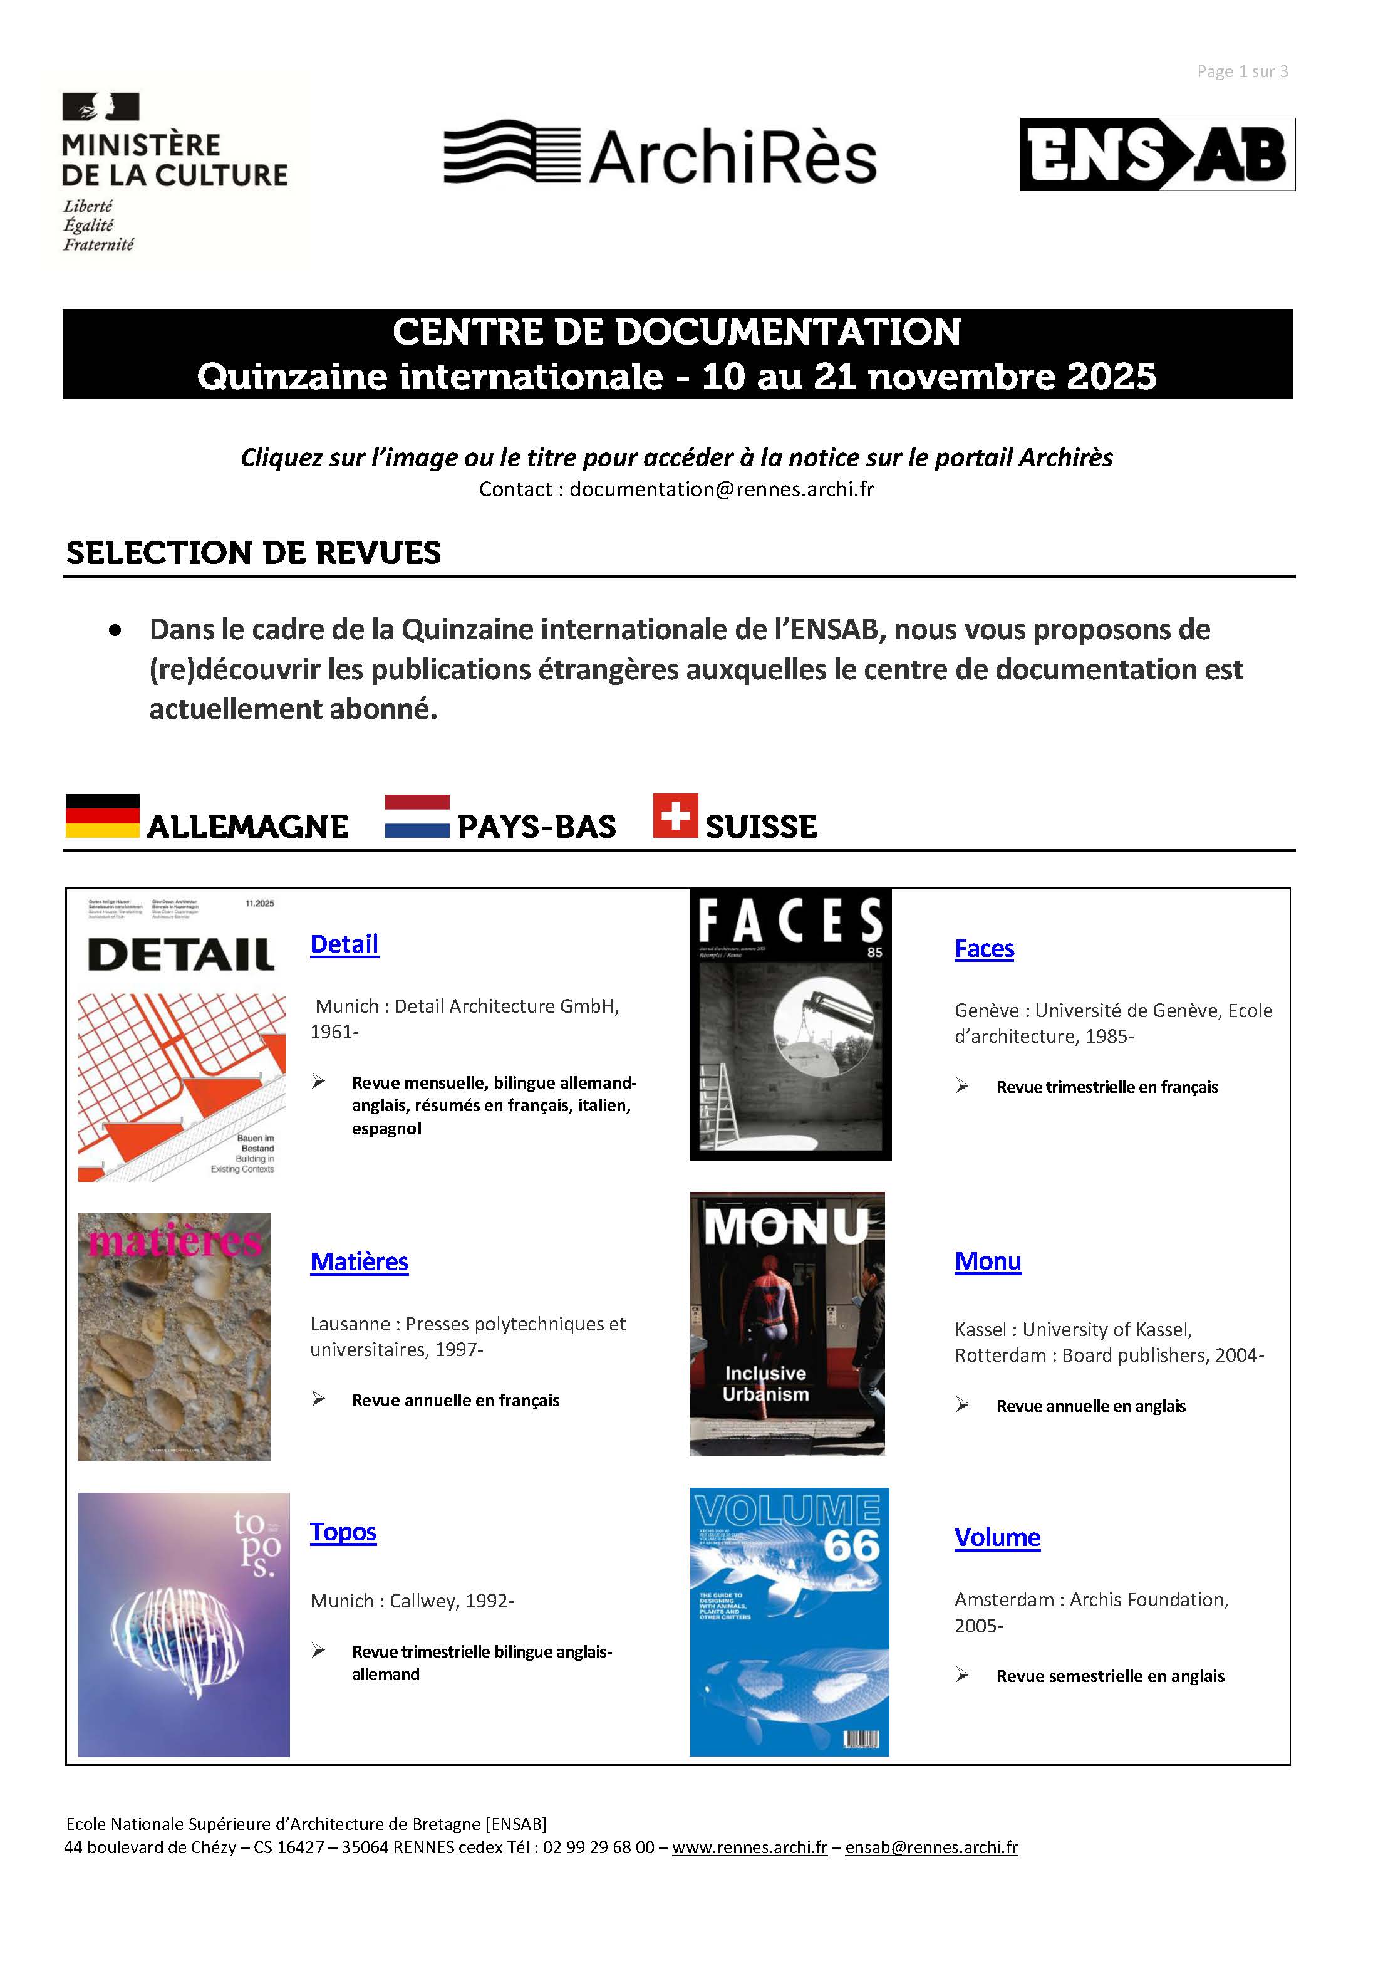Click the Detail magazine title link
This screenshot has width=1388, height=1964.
(344, 944)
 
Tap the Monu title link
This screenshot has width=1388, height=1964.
(988, 1261)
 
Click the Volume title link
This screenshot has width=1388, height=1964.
(997, 1537)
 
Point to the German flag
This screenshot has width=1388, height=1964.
(103, 815)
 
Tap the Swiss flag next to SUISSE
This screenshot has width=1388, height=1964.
(675, 815)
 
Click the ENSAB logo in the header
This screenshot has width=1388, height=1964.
(1157, 154)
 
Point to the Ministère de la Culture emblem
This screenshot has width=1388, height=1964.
(100, 107)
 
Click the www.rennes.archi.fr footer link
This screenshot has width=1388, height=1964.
(749, 1847)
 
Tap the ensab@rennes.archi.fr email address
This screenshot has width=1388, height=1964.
(931, 1847)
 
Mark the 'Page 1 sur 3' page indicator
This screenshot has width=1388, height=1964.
(1242, 72)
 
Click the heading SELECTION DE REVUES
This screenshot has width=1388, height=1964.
(254, 553)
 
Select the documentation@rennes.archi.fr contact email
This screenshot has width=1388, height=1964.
(721, 489)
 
